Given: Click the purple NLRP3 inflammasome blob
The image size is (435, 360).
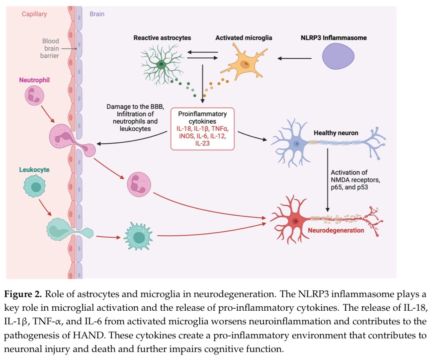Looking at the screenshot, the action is click(338, 57).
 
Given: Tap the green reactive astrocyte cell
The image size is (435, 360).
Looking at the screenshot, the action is click(162, 65).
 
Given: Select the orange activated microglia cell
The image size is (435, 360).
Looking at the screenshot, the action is click(245, 64).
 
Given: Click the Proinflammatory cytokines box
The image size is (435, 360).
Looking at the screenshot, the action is click(202, 129).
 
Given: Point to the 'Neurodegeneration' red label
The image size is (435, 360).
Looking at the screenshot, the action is click(336, 230).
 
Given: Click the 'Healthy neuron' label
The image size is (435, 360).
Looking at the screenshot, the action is click(336, 133).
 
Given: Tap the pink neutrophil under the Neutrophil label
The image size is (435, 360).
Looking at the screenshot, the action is click(34, 95).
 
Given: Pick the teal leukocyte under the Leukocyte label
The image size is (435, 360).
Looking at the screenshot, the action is click(34, 187).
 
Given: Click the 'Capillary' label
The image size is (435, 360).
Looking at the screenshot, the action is click(34, 14).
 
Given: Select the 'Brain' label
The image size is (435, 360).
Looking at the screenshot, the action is click(97, 14).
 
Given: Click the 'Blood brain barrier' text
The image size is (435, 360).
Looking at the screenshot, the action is click(50, 48).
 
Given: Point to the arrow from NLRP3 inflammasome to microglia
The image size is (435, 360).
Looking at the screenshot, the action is click(294, 58).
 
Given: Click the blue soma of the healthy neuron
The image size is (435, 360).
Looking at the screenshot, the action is click(297, 144).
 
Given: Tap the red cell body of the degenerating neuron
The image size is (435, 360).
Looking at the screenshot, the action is click(295, 221).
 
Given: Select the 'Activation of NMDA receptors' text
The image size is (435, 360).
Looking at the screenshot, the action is click(355, 176).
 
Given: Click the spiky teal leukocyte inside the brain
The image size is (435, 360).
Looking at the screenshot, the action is click(138, 236).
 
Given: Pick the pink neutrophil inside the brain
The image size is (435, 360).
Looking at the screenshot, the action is click(139, 184).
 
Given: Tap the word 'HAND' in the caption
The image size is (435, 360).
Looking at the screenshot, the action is click(89, 335).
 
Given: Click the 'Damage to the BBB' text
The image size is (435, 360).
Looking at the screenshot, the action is click(136, 107).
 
